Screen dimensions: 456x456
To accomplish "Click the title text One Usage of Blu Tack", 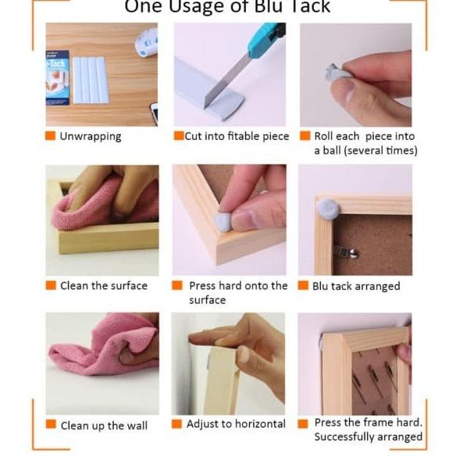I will point(227,8).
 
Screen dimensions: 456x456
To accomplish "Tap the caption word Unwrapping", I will point(91,137).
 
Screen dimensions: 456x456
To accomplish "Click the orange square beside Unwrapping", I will point(51,137).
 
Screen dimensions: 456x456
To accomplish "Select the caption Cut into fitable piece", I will point(237,137).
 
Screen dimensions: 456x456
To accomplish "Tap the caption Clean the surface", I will point(103,286).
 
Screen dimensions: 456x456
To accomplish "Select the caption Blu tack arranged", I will point(355,287).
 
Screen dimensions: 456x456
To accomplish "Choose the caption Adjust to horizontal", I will point(236,424).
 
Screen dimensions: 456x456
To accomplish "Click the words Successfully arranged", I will point(368,437).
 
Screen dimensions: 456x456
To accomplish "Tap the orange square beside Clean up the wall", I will point(51,426).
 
